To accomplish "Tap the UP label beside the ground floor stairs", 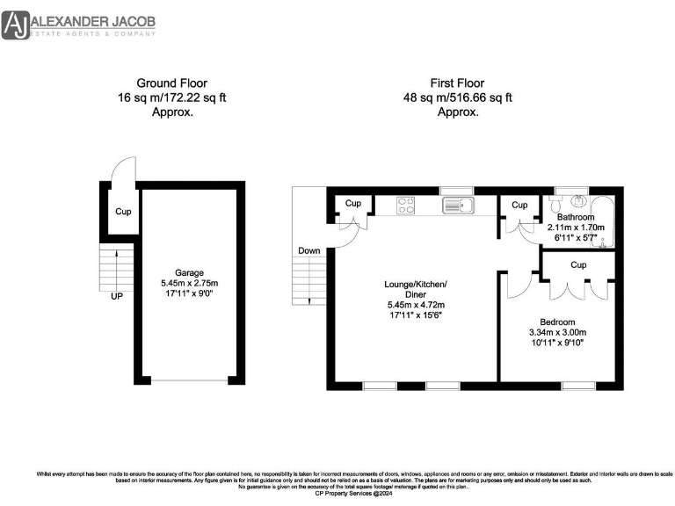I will [x=117, y=296].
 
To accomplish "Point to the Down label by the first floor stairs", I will [x=308, y=250].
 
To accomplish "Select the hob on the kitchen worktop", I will [x=406, y=205].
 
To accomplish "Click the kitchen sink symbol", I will [x=459, y=206].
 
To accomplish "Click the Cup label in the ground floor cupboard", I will [x=124, y=212].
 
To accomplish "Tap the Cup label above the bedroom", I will [x=577, y=264].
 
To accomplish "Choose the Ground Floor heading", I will [x=172, y=83].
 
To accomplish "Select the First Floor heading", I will [x=457, y=83].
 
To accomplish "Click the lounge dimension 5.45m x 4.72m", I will [x=416, y=305].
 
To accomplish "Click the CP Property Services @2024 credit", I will [x=337, y=495].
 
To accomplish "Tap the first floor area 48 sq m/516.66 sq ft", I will [x=457, y=98].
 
